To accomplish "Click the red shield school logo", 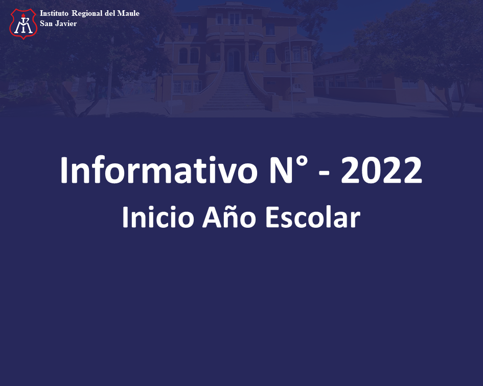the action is [x=24, y=24].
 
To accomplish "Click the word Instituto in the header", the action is [x=54, y=13].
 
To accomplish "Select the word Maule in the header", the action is [x=128, y=13].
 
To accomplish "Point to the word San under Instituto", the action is [x=46, y=23].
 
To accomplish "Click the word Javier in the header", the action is [x=66, y=23].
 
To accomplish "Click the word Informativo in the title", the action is [x=158, y=170].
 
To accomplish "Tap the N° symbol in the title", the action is [x=289, y=170].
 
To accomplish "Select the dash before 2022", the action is [x=324, y=174].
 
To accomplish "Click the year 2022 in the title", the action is [x=381, y=170].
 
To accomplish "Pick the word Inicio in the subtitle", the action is [x=158, y=217].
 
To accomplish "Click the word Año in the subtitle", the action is [x=229, y=216].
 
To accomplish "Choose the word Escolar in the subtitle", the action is [x=313, y=217].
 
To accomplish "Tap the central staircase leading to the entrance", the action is [x=233, y=91].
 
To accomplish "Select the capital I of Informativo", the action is [x=64, y=170].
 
